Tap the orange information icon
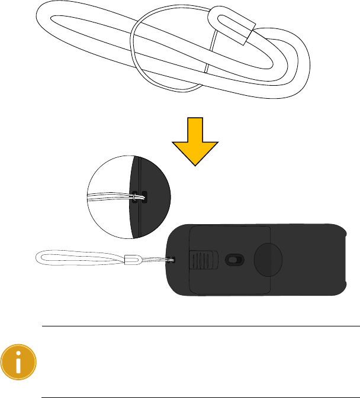(18, 362)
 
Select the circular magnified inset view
(128, 197)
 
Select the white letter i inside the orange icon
(18, 362)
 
